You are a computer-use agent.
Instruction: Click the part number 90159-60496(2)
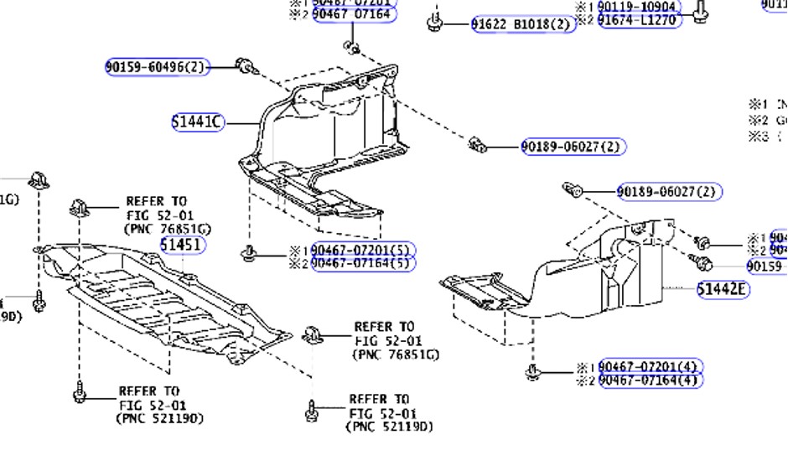[x=157, y=67]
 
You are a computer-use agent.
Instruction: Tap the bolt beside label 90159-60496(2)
[x=245, y=66]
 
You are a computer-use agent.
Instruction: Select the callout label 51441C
[x=198, y=122]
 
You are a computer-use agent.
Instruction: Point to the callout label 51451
[x=181, y=245]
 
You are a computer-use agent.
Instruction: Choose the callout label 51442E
[x=723, y=289]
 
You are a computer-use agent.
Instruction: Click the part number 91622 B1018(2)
[x=523, y=24]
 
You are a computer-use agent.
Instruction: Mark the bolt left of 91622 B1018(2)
[x=435, y=22]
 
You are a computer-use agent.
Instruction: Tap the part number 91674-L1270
[x=640, y=20]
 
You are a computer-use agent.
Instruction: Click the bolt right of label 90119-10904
[x=702, y=11]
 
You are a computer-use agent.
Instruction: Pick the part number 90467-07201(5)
[x=363, y=251]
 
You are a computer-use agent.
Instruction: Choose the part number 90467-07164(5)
[x=363, y=263]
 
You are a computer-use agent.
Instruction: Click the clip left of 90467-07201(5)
[x=248, y=252]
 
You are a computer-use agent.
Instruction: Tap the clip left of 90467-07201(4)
[x=531, y=371]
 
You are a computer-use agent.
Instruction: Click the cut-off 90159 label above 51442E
[x=765, y=267]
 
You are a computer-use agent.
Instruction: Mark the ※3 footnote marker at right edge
[x=758, y=137]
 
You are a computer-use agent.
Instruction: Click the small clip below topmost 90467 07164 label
[x=353, y=46]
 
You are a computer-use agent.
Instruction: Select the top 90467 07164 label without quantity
[x=352, y=14]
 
